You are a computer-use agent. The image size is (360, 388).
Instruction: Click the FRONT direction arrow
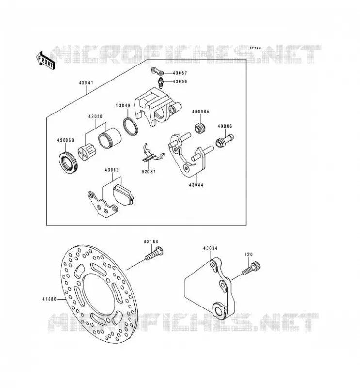46,60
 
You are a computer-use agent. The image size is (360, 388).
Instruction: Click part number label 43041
86,83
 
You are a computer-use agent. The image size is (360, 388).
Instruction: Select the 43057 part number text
180,73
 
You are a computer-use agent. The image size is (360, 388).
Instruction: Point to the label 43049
123,105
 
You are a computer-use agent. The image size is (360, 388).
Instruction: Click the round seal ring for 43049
131,127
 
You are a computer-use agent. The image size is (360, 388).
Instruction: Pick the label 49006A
200,112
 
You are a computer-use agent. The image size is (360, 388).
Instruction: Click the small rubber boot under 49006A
200,128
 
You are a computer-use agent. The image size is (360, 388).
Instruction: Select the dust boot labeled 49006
224,141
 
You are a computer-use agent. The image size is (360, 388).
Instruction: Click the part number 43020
96,116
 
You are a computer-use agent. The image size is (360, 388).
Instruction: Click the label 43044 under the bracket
196,185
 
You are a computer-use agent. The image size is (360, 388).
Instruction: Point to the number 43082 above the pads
112,170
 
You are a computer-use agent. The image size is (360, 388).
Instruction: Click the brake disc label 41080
49,299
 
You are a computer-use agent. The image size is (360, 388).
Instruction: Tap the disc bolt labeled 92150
154,254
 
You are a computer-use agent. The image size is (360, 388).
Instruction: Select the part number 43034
210,248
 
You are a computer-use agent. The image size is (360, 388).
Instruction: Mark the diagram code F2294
255,48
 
